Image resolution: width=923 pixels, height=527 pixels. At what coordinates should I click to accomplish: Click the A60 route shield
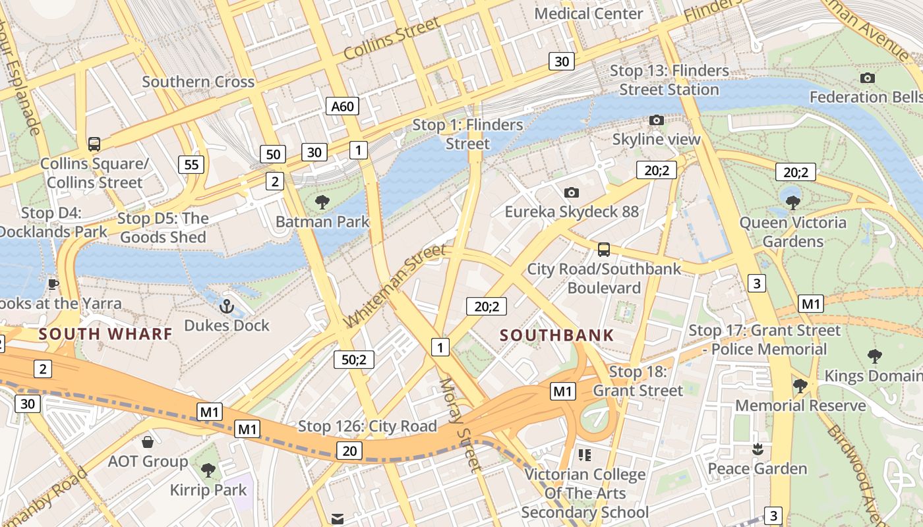[x=342, y=106]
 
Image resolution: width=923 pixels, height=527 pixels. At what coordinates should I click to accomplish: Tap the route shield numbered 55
[x=191, y=164]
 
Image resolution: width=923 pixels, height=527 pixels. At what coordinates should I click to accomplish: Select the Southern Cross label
[x=198, y=82]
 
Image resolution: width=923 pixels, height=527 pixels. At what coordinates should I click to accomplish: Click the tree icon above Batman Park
[x=322, y=202]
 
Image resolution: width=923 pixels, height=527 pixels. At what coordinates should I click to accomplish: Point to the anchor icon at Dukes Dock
[x=227, y=306]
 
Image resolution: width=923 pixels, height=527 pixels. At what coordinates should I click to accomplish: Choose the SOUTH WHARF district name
[x=105, y=333]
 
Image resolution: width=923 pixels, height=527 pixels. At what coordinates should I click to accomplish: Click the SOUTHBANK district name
[x=556, y=335]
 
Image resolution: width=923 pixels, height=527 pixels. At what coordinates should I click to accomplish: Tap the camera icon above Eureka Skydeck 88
[x=572, y=192]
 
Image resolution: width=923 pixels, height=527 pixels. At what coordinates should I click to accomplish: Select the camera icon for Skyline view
[x=656, y=120]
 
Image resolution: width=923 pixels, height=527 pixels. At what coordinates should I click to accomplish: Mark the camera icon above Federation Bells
[x=868, y=78]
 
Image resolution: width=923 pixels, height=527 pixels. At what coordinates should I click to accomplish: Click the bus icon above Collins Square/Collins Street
[x=94, y=144]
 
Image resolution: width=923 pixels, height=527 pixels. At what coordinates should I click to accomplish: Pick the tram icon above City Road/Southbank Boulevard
[x=603, y=250]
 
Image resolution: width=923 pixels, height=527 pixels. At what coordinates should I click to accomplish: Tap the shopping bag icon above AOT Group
[x=148, y=441]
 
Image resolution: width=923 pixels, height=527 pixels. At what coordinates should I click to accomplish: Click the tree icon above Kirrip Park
[x=208, y=470]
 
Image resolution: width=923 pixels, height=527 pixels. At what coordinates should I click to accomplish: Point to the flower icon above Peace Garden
[x=757, y=449]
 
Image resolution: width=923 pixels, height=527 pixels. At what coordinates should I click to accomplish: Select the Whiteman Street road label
[x=396, y=285]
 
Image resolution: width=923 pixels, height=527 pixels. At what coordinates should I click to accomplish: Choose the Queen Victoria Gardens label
[x=792, y=232]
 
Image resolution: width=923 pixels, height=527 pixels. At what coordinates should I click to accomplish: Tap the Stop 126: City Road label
[x=367, y=426]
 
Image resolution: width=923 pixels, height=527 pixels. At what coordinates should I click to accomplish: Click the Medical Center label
[x=589, y=14]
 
